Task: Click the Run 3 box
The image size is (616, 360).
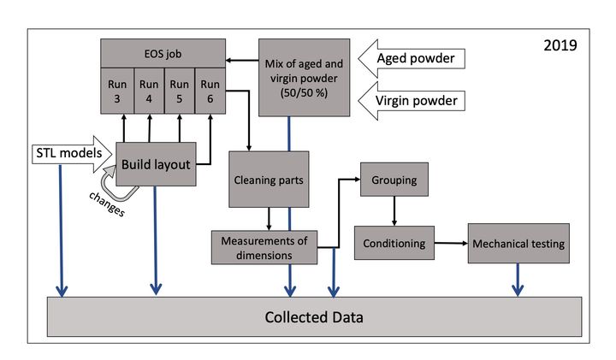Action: point(118,91)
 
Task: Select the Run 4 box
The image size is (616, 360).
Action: point(149,91)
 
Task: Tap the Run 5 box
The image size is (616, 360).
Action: point(179,91)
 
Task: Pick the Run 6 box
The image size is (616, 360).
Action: point(210,91)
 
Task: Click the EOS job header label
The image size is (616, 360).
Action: point(163,53)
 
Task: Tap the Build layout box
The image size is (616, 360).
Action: point(157,163)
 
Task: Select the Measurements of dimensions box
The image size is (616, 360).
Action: point(264,246)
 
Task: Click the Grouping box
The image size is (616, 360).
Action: point(394,181)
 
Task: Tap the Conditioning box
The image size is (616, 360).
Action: point(394,243)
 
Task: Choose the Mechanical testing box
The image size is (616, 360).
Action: point(518,244)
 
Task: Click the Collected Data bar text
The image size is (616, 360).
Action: point(314,317)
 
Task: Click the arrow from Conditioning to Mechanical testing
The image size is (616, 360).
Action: point(451,244)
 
